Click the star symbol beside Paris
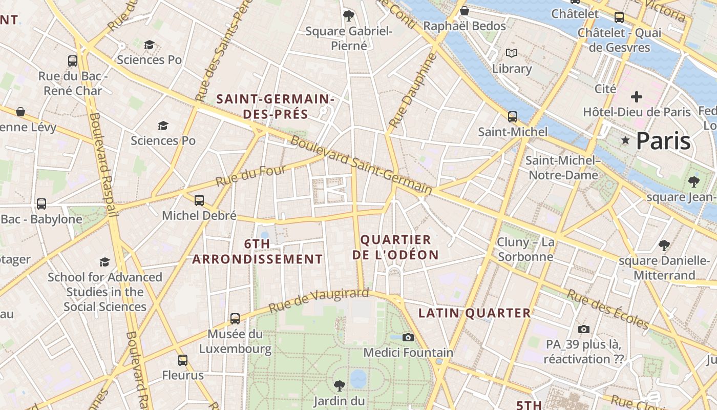(625, 140)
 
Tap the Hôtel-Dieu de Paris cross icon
(637, 96)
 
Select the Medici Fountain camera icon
(408, 337)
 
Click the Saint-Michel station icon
(513, 116)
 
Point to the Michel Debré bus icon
(199, 200)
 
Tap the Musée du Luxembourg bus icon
(235, 318)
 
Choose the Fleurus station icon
(183, 360)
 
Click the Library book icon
(512, 53)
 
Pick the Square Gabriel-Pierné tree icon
(349, 16)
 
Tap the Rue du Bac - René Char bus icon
(73, 61)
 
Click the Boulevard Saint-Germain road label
(362, 165)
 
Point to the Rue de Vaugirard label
(319, 300)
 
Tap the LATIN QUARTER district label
(475, 313)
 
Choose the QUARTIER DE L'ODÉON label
(396, 247)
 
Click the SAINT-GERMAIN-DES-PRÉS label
(276, 106)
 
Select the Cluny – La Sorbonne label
(525, 249)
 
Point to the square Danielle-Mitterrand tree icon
(664, 245)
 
